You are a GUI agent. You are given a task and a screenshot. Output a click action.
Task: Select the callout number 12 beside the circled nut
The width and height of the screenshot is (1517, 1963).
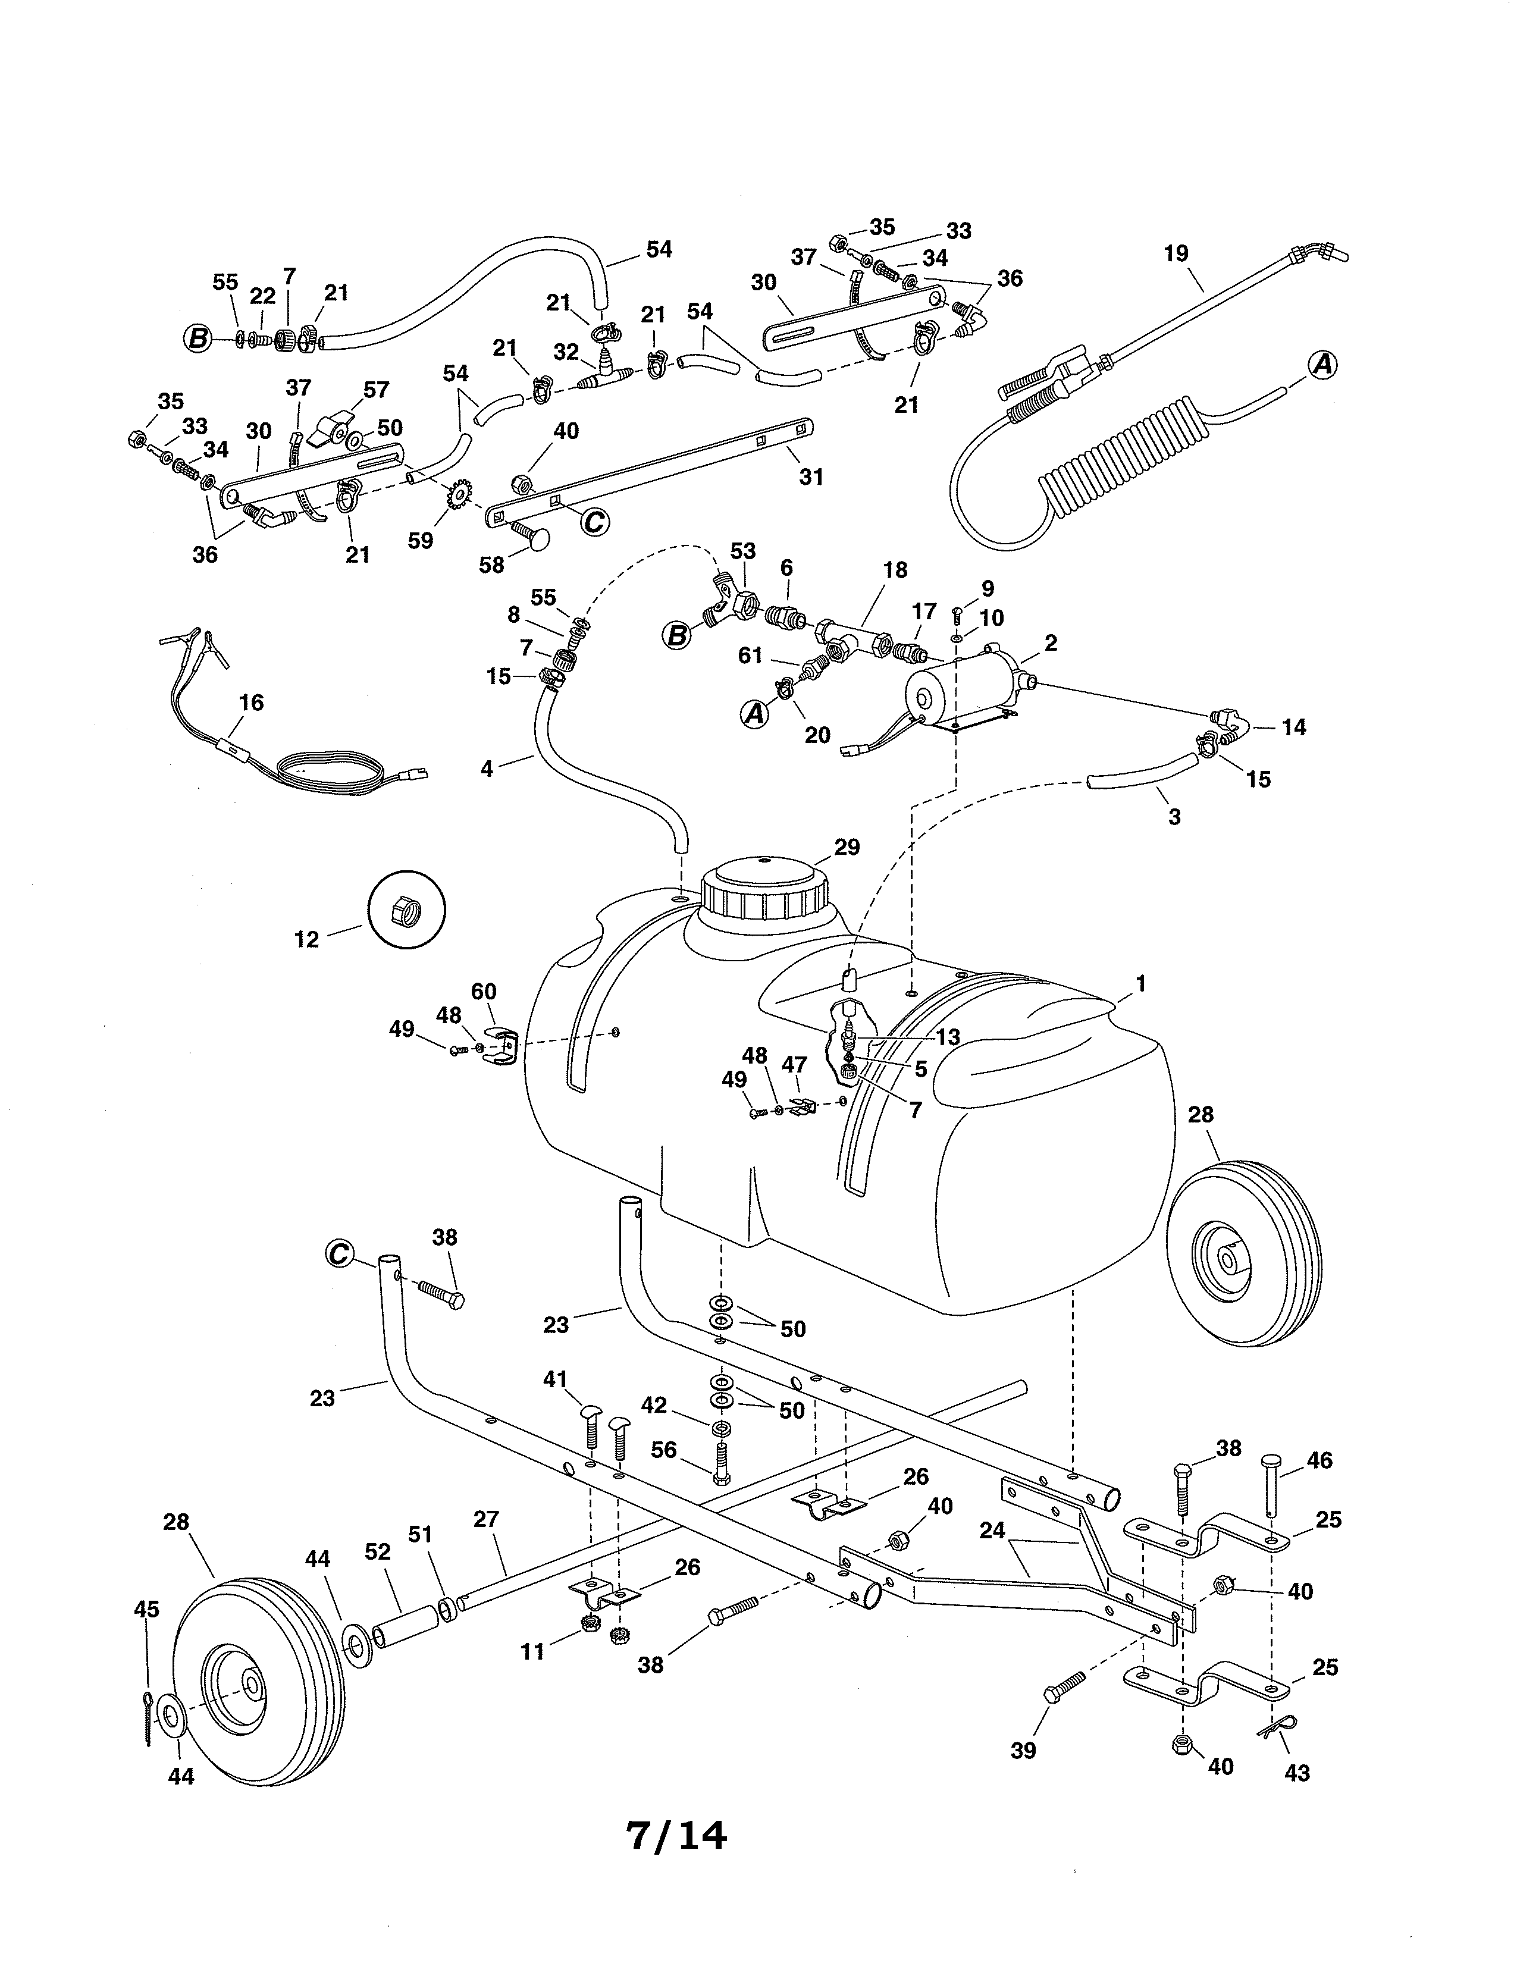click(x=306, y=939)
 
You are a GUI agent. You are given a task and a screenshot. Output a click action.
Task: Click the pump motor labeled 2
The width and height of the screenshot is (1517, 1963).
click(x=961, y=688)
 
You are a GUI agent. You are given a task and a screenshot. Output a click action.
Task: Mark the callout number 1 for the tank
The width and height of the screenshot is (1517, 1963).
click(x=1140, y=984)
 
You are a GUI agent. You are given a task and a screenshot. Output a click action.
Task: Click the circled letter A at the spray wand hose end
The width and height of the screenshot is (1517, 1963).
click(x=1322, y=365)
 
